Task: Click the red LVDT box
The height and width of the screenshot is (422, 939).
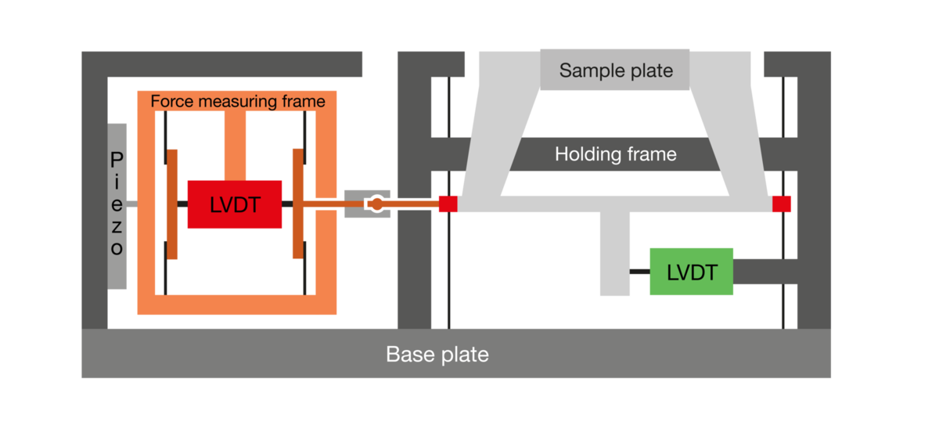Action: click(x=235, y=204)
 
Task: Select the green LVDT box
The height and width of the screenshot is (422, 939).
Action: click(x=692, y=272)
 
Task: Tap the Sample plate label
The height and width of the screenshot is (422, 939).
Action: click(x=616, y=70)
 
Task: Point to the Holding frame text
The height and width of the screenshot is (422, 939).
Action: click(x=616, y=154)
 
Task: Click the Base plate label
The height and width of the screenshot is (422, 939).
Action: click(x=437, y=355)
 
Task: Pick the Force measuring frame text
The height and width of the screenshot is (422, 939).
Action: click(x=238, y=101)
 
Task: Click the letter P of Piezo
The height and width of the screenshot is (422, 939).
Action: click(x=117, y=160)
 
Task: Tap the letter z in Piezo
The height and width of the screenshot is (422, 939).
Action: click(x=117, y=227)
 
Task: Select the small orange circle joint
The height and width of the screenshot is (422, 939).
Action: click(x=377, y=204)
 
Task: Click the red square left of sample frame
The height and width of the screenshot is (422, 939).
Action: click(x=448, y=204)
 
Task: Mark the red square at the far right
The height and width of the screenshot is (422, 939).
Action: click(x=782, y=204)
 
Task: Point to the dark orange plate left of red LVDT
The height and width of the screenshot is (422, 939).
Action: click(x=172, y=204)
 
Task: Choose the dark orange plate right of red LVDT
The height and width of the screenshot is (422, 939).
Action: click(x=298, y=204)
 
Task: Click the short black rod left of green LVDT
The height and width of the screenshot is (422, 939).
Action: click(x=640, y=272)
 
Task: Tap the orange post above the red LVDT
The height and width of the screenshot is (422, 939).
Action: click(x=236, y=146)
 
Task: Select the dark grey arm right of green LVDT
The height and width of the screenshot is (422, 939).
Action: click(x=765, y=272)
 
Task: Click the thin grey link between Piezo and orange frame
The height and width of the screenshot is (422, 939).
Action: click(x=132, y=204)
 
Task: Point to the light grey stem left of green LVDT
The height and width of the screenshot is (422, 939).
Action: click(x=615, y=254)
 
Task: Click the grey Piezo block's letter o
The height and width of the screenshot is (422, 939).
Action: click(x=117, y=249)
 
